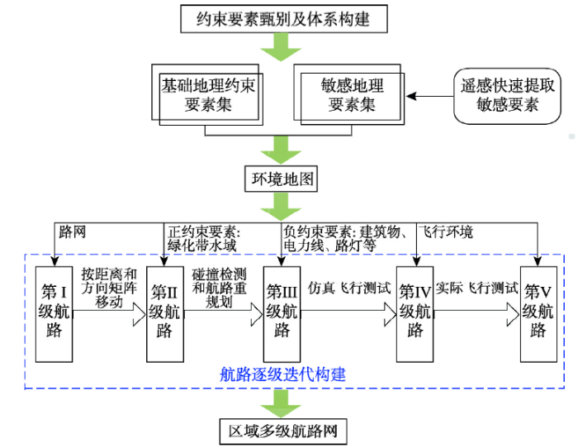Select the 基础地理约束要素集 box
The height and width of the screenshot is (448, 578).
(208, 95)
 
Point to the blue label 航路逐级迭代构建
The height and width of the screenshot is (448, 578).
(282, 374)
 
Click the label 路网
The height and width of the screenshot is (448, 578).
(72, 232)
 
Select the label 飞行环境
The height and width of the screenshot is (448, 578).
(446, 232)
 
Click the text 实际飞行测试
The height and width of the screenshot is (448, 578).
(477, 289)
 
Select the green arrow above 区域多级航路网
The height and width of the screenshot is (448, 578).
(281, 404)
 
